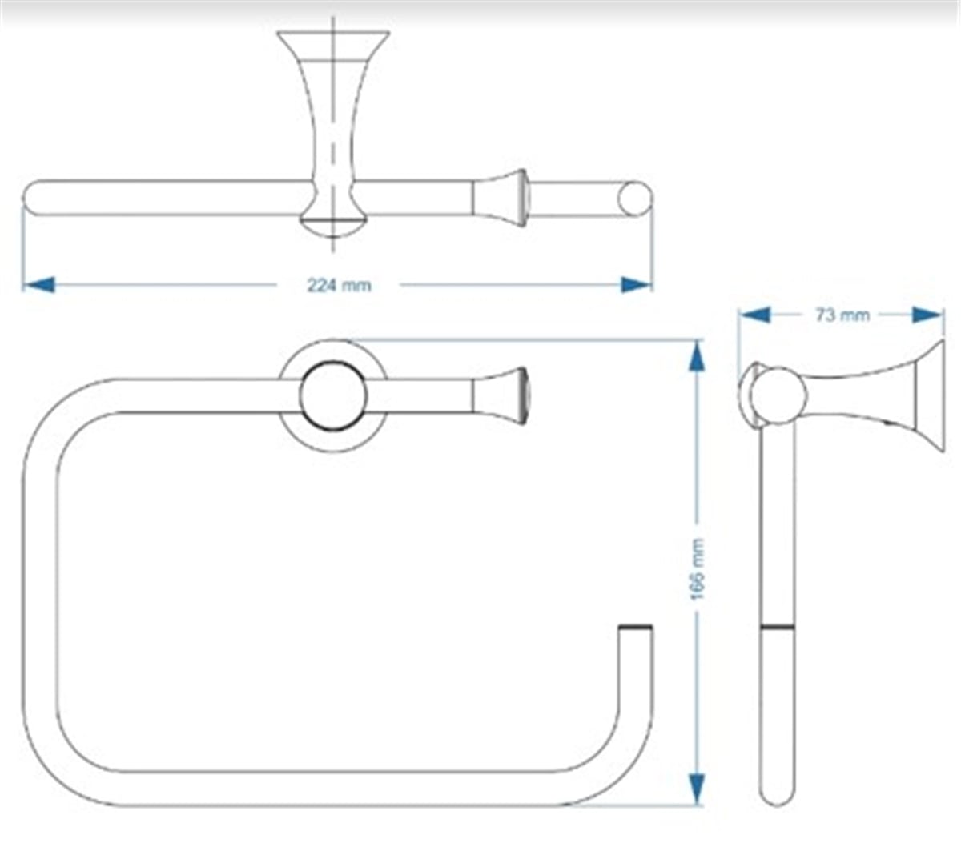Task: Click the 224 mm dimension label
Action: click(x=339, y=286)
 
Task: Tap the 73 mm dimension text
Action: click(x=842, y=315)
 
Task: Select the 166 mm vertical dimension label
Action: click(x=698, y=569)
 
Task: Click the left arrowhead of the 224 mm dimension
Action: click(x=38, y=284)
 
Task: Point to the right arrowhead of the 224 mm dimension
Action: click(x=636, y=284)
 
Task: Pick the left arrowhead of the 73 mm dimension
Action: click(x=755, y=315)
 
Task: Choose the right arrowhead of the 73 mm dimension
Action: click(x=927, y=315)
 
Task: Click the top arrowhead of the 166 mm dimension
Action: click(x=697, y=356)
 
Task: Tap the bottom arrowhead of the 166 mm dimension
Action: click(x=697, y=789)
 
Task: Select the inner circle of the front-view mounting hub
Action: click(x=333, y=395)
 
